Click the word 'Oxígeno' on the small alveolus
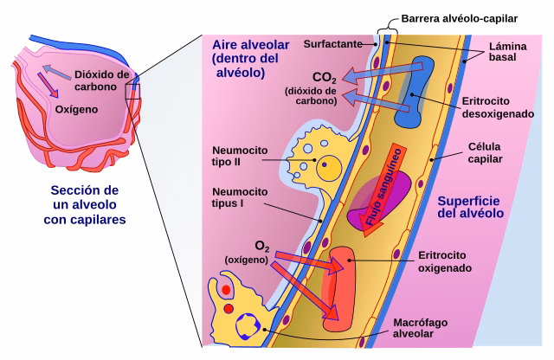click(76, 110)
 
